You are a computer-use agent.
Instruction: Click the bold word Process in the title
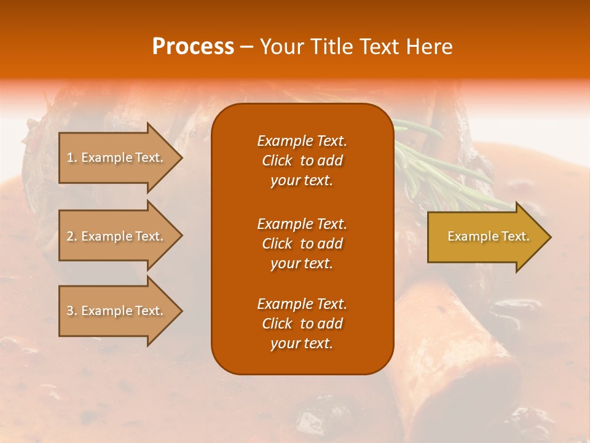(x=193, y=47)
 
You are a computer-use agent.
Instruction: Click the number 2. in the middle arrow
(x=72, y=236)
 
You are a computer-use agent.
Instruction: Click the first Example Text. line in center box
(x=302, y=141)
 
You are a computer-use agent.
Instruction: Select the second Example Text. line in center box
(x=302, y=223)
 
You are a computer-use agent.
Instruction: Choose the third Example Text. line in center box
(x=302, y=304)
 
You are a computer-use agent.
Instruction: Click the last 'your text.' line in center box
(x=302, y=344)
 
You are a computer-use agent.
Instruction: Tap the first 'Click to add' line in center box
(x=302, y=161)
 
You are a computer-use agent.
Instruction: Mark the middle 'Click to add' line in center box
(x=302, y=244)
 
